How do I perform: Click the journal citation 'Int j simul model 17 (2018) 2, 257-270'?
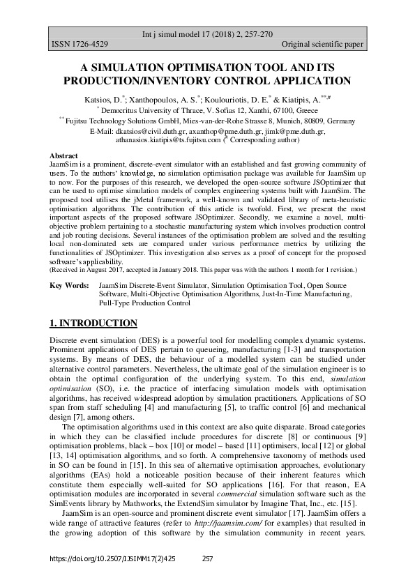(x=207, y=33)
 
